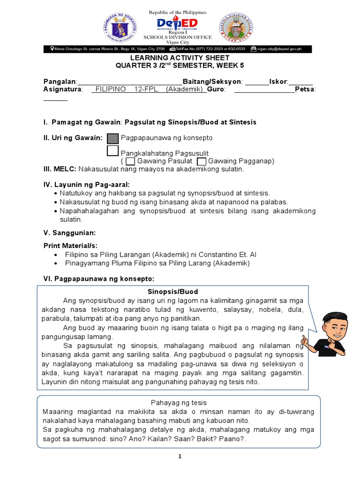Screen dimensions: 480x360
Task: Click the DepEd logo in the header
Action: [x=177, y=24]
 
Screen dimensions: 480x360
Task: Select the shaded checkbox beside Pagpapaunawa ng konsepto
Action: [x=113, y=138]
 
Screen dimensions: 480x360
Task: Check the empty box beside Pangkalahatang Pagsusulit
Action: [x=113, y=151]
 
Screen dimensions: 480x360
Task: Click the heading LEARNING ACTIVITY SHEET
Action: [x=180, y=58]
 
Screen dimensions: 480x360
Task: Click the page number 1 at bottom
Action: [x=180, y=457]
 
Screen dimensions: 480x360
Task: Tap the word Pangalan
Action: [x=60, y=81]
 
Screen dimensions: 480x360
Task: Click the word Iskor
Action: [x=277, y=81]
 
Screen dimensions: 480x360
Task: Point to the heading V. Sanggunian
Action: [x=69, y=232]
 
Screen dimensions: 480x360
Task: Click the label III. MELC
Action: [x=60, y=169]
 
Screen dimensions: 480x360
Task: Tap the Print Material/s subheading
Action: [x=70, y=246]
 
